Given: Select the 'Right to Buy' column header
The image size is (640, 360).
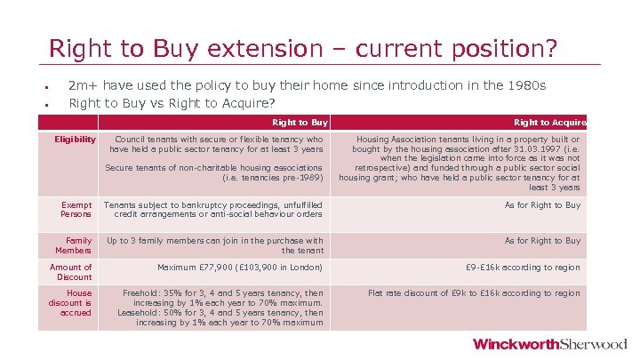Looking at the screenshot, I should coord(300,123).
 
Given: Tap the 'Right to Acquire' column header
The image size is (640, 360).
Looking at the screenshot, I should coord(550,123).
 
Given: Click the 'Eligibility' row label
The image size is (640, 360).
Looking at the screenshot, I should coord(75,140).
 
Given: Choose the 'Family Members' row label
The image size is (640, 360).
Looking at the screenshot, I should coord(78,245).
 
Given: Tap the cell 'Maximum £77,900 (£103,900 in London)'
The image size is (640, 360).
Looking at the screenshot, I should coord(240,268).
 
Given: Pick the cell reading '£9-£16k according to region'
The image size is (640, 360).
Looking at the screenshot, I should coord(523,268).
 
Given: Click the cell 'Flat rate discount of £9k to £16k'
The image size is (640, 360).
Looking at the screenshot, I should coord(474,293).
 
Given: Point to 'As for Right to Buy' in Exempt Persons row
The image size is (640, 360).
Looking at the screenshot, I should coord(542,205).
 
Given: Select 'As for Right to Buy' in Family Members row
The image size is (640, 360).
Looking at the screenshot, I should coord(542,241).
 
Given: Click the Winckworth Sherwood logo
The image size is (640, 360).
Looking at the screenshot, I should coord(549,344).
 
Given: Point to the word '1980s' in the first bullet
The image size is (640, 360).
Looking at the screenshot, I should coord(528,85).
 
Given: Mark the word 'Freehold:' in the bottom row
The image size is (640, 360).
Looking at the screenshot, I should coord(141,293).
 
